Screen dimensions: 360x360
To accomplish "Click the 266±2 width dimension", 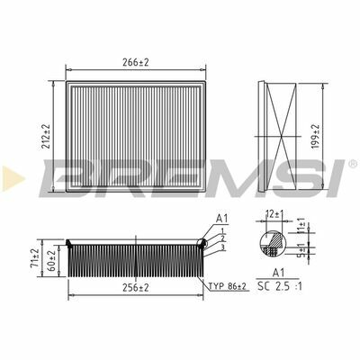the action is [x=136, y=62].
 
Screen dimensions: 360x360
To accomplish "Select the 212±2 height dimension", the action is [x=46, y=137].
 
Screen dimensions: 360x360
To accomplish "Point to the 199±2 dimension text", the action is [x=315, y=137].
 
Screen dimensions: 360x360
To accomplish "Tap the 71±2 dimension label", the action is [x=35, y=258].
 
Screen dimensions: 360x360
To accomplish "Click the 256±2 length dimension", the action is [x=136, y=288].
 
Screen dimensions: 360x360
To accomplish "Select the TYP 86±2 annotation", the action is [x=228, y=286].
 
